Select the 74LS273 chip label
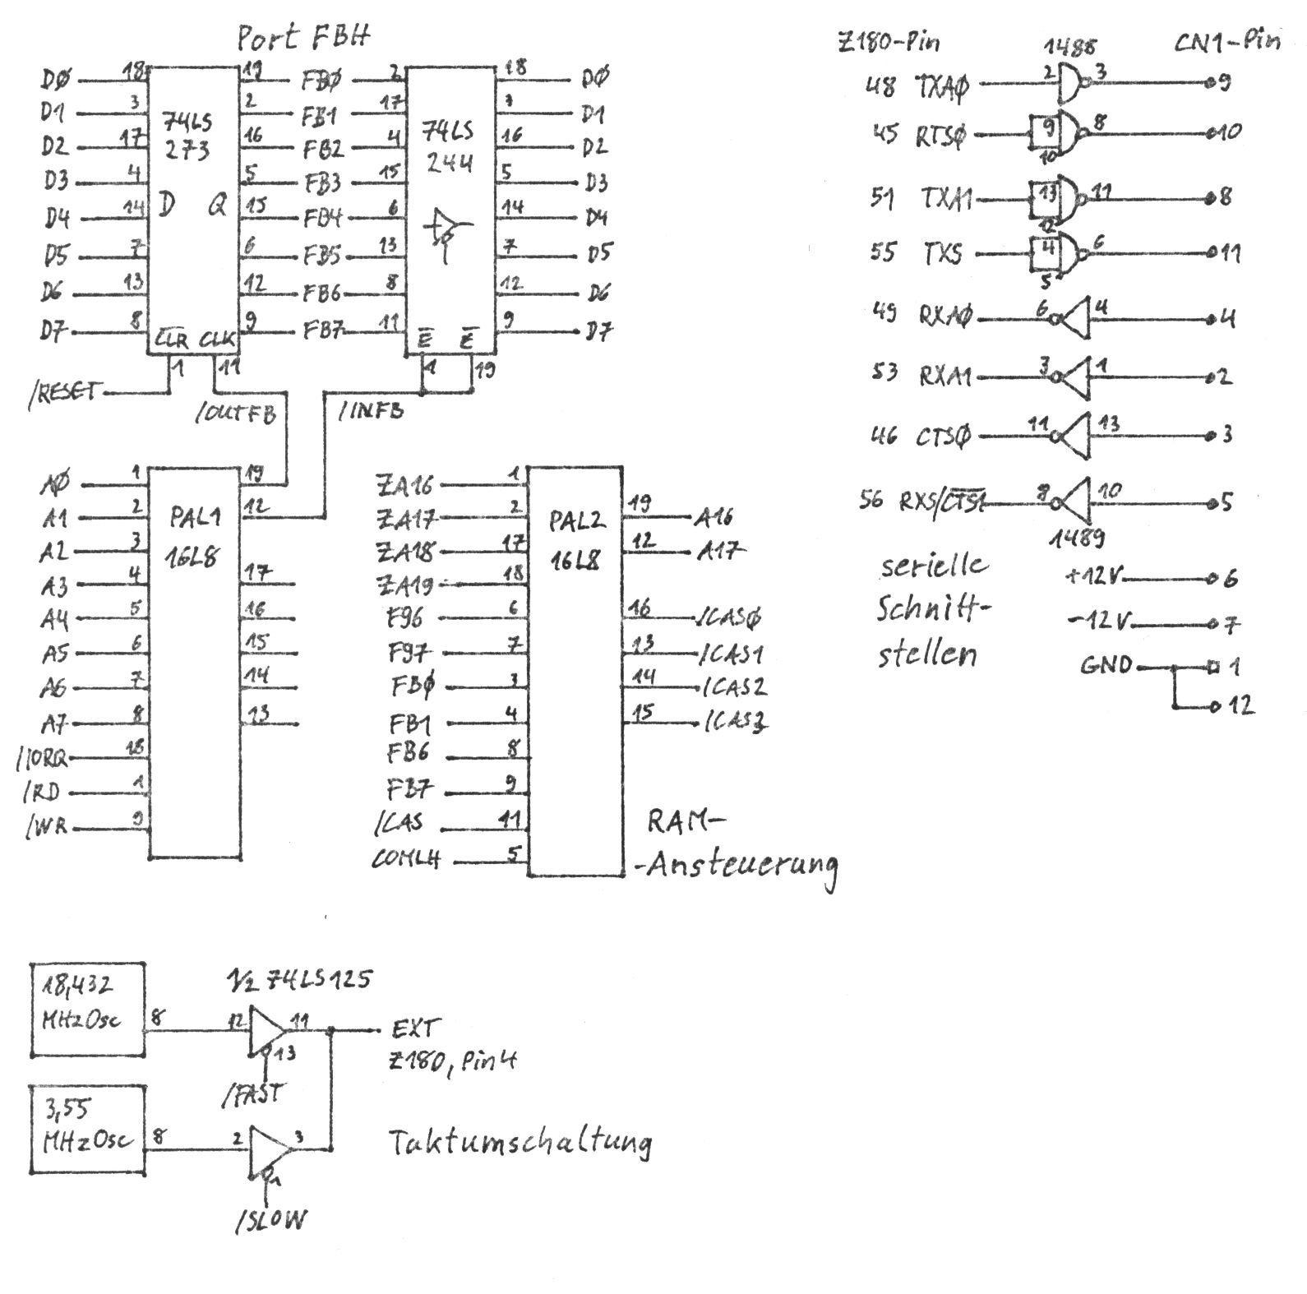pos(187,136)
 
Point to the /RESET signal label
pos(62,392)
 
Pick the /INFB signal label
pos(371,409)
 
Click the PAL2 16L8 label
pos(575,539)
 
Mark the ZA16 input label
pos(404,484)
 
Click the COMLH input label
pos(406,859)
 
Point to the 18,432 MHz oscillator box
pos(87,1010)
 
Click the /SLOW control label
pos(270,1221)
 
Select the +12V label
pos(1092,577)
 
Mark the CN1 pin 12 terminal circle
pos(1215,705)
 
